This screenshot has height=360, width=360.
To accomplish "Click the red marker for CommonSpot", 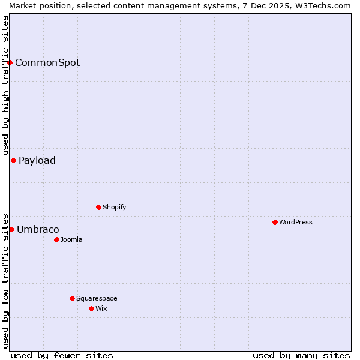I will [x=10, y=62].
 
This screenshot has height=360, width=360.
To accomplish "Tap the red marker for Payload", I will [x=13, y=160].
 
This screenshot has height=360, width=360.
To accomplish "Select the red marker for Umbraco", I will [x=11, y=229].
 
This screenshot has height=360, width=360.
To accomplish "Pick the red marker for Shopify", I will [x=98, y=207].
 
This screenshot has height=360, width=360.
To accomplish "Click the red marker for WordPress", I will [x=275, y=222].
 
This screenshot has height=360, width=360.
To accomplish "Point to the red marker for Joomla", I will [x=56, y=239].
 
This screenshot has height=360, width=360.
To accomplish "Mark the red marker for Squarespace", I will [x=72, y=298].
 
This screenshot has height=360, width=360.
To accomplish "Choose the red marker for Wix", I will [x=91, y=308].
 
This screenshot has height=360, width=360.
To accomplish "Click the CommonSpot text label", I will [x=47, y=62].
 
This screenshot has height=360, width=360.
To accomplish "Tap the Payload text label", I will [x=37, y=160].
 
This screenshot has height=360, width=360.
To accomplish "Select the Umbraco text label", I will [x=38, y=229].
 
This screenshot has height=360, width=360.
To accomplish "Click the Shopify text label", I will [x=114, y=207].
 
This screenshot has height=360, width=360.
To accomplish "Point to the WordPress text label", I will [x=296, y=222].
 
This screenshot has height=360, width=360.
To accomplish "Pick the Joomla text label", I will [x=71, y=239].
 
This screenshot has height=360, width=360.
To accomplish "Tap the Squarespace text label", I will [x=97, y=298].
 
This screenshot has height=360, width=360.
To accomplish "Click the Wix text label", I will [x=101, y=308].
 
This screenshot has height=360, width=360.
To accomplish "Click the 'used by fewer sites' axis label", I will [x=62, y=355].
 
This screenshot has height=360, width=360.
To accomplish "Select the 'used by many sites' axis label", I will [x=301, y=355].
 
